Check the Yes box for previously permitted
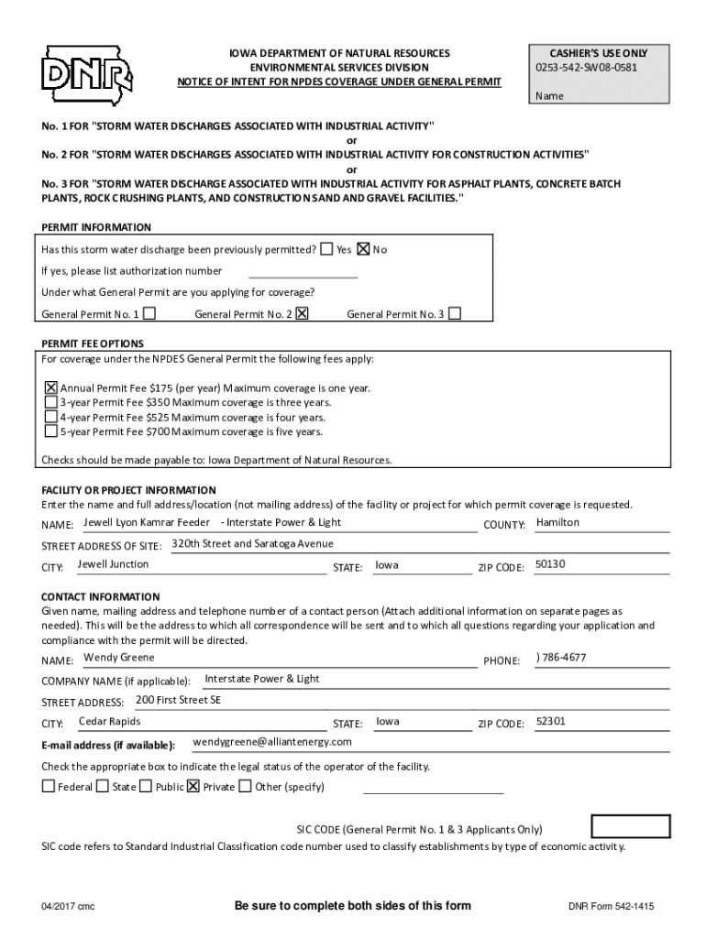point(327,249)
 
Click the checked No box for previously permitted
point(363,249)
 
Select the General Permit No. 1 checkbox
point(149,313)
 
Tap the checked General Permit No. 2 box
point(303,313)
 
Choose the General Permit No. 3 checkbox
point(454,313)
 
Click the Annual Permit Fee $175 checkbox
point(51,387)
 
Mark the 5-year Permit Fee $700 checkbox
point(51,431)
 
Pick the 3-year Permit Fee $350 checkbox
point(51,401)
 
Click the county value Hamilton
point(557,522)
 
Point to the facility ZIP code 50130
point(550,564)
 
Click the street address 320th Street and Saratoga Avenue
point(253,543)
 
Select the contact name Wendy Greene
point(119,658)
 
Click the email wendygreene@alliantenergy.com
point(273,741)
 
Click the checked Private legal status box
point(193,786)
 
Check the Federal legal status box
point(48,786)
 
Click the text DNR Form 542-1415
point(612,907)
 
